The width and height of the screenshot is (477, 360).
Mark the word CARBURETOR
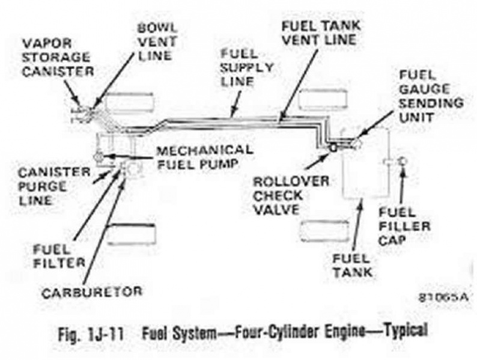tap(91, 292)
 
